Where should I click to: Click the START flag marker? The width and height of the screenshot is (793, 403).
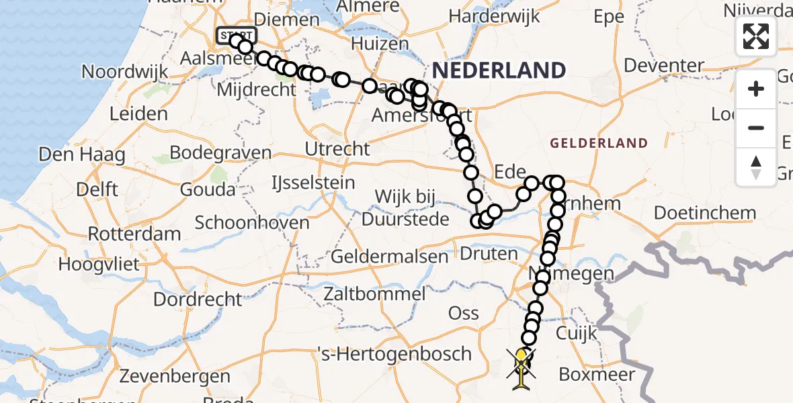click(x=236, y=35)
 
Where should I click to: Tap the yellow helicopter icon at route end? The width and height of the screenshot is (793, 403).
click(x=522, y=368)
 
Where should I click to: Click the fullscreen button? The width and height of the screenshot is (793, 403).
click(x=756, y=36)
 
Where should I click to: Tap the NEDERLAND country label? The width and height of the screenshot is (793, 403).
click(x=498, y=70)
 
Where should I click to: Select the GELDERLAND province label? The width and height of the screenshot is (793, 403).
click(x=599, y=143)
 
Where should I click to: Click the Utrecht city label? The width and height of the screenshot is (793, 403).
click(x=337, y=148)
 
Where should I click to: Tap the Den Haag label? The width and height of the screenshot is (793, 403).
click(x=82, y=155)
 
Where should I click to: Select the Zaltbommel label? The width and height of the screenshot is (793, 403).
click(x=374, y=294)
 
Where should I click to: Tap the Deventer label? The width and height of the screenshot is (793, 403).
click(x=663, y=66)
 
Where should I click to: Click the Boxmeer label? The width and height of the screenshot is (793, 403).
click(x=596, y=374)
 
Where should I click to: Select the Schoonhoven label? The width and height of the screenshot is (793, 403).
click(x=252, y=222)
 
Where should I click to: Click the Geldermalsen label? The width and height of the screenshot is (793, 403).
click(x=390, y=257)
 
